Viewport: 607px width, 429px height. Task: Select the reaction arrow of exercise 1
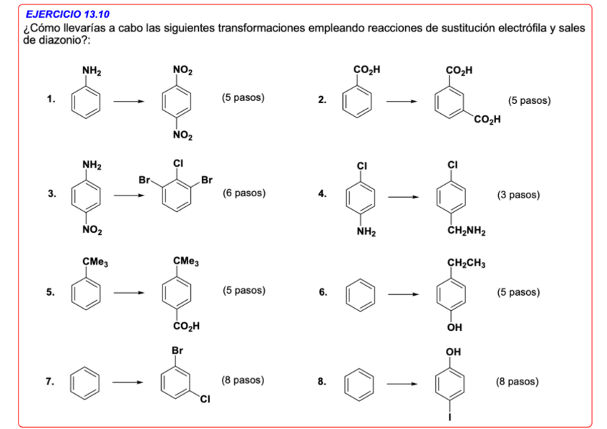tap(129, 100)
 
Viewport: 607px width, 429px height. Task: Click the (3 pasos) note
tap(518, 195)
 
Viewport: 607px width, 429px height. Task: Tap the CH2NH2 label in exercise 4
tap(466, 231)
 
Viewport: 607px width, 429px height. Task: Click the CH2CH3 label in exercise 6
tap(466, 263)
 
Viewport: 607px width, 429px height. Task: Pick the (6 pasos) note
tap(244, 193)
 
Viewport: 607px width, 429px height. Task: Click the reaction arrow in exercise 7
tap(129, 382)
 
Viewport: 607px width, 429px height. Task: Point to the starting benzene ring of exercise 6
tap(360, 292)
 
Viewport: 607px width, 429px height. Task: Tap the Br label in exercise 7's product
tap(178, 351)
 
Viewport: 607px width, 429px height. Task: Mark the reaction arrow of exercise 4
tap(402, 196)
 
